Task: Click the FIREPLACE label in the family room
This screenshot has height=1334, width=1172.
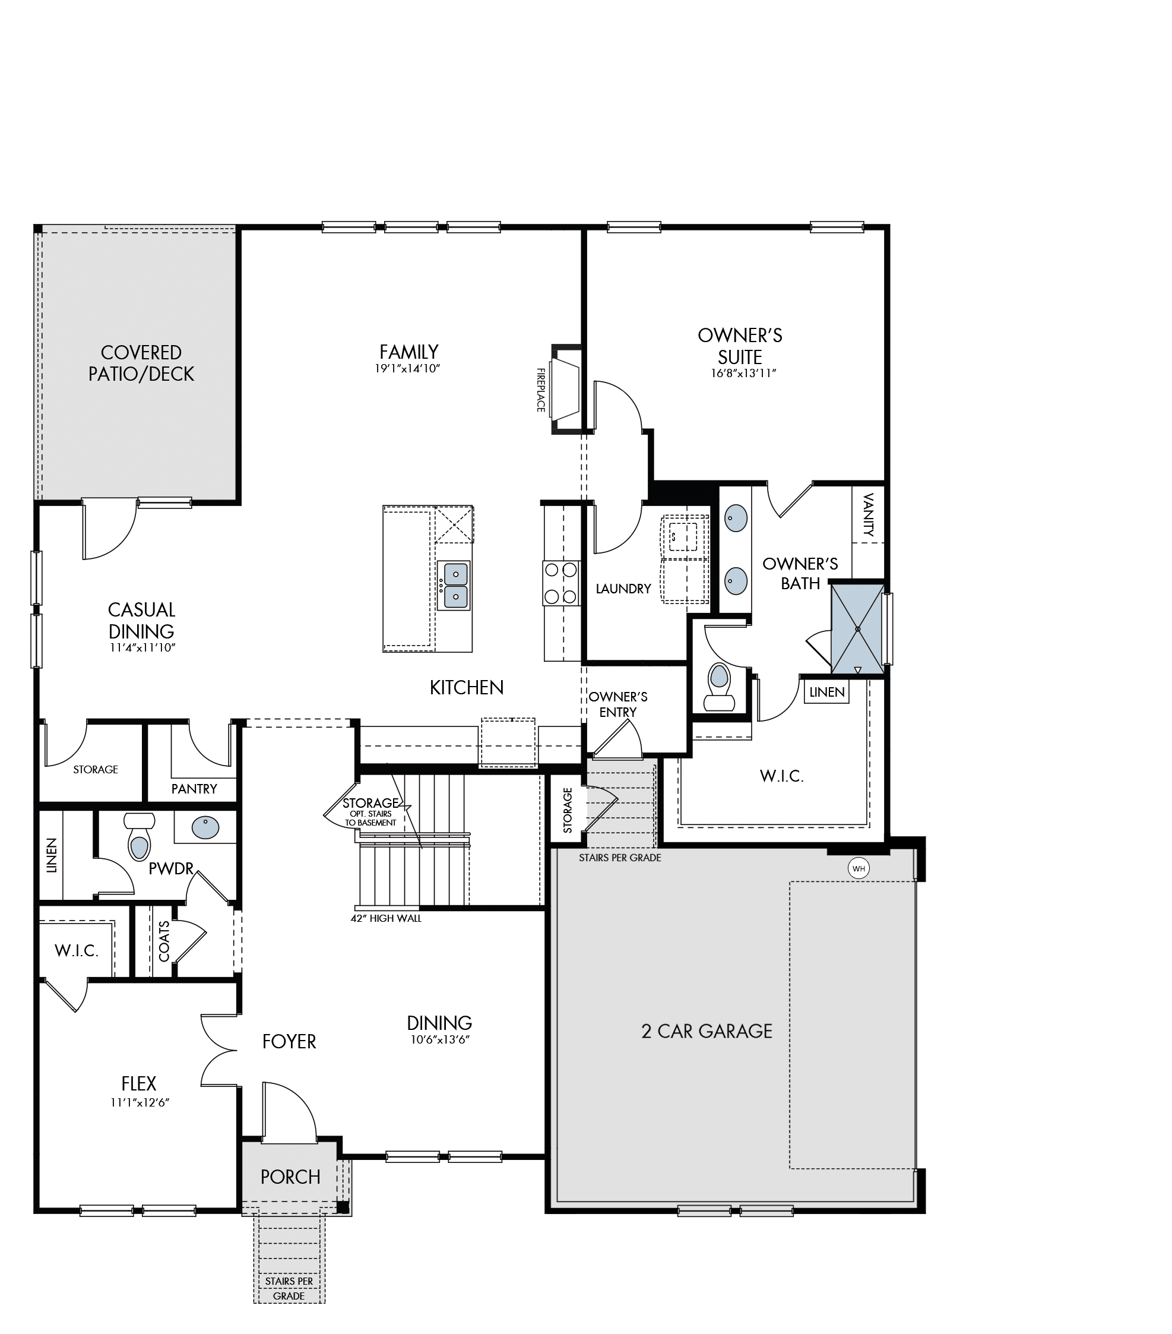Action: click(x=540, y=390)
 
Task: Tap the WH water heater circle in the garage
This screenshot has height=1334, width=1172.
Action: click(x=858, y=868)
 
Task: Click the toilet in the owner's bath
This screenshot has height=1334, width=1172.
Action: click(x=718, y=687)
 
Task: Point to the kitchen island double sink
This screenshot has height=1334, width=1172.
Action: click(x=453, y=586)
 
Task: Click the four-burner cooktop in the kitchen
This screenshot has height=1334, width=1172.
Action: click(x=560, y=583)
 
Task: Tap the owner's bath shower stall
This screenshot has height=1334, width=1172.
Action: click(x=857, y=628)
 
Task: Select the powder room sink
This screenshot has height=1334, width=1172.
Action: click(x=205, y=827)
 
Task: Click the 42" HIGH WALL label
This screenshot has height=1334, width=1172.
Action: click(x=386, y=918)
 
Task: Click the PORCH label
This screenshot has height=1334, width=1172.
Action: click(x=290, y=1176)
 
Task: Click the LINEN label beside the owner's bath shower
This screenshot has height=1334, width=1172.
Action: click(x=827, y=692)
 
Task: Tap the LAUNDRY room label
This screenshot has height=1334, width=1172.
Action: click(x=623, y=589)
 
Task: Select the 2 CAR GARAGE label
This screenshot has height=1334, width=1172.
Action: click(x=707, y=1030)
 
